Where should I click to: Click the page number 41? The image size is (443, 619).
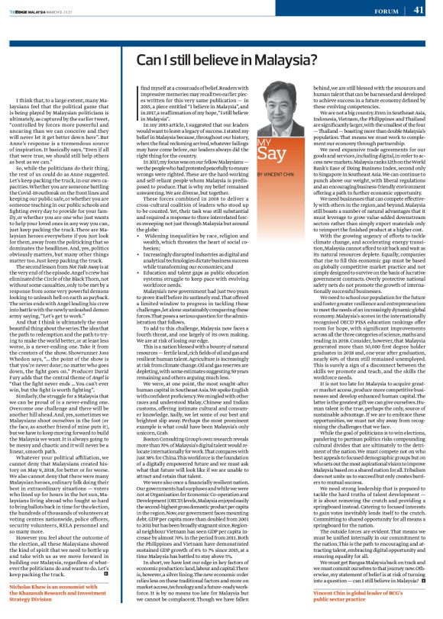pyautogui.click(x=419, y=10)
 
